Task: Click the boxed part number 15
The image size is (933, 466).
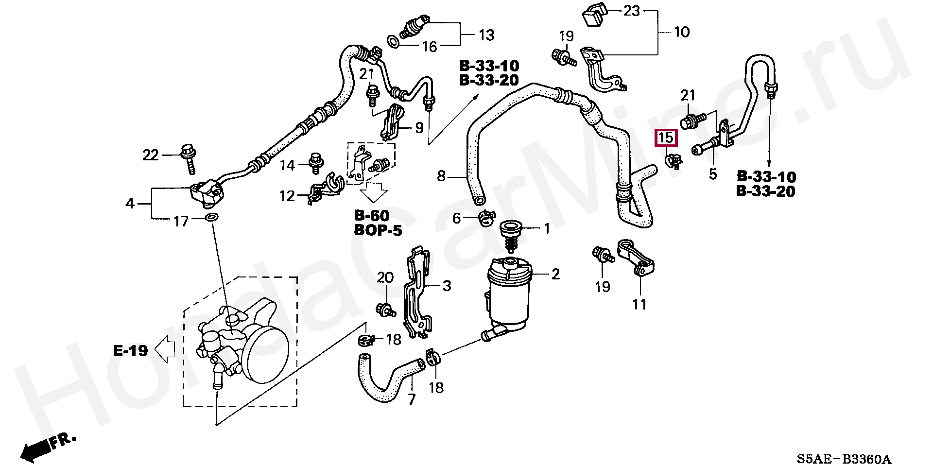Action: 665,138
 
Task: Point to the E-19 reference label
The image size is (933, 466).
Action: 130,350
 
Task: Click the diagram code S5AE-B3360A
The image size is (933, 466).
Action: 844,458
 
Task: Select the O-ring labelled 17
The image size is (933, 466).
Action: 212,217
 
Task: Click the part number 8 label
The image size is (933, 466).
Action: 441,176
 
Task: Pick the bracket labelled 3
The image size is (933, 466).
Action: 417,292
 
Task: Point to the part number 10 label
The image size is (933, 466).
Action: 682,32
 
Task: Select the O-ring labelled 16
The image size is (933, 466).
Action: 395,43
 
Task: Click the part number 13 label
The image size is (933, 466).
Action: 486,35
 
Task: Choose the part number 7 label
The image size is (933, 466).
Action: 412,399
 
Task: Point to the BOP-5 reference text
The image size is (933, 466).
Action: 378,230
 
